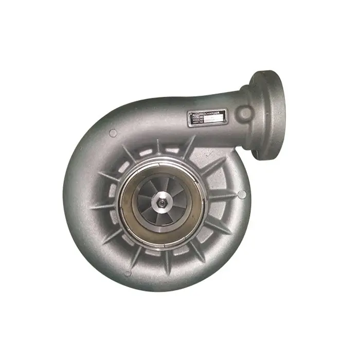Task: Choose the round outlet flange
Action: (268, 114)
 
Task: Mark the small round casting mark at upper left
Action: (113, 133)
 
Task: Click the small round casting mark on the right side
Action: (242, 194)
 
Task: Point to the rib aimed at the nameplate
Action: (188, 147)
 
